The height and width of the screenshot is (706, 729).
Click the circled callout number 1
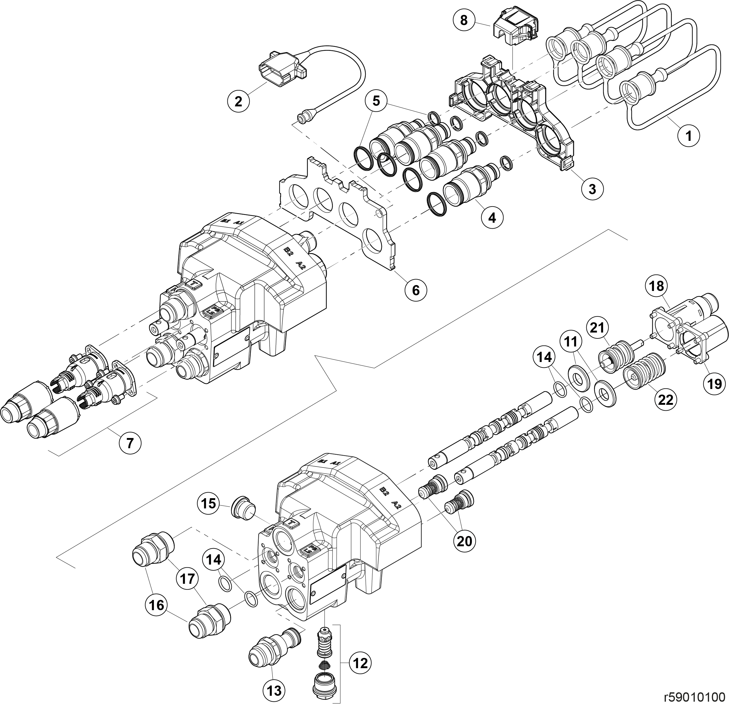pyautogui.click(x=688, y=136)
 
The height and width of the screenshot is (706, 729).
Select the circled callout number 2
pyautogui.click(x=239, y=101)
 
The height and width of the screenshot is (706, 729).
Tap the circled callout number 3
pyautogui.click(x=592, y=189)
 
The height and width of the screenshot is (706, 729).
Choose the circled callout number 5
pyautogui.click(x=376, y=101)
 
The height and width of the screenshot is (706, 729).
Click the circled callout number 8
pyautogui.click(x=463, y=20)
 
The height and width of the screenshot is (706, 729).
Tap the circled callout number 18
pyautogui.click(x=656, y=286)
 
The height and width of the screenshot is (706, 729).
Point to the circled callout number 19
pyautogui.click(x=714, y=383)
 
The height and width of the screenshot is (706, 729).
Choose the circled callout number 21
pyautogui.click(x=598, y=328)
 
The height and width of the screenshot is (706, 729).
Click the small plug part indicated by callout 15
pyautogui.click(x=243, y=508)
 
